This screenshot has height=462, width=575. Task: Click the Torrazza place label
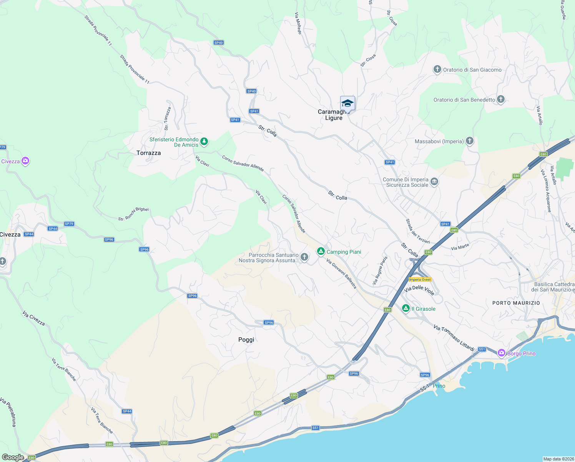pyautogui.click(x=149, y=153)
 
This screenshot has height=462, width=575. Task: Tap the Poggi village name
pyautogui.click(x=246, y=340)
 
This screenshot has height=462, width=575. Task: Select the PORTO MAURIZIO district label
pyautogui.click(x=516, y=303)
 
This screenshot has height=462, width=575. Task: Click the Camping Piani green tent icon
pyautogui.click(x=321, y=251)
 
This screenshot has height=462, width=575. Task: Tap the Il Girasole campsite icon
pyautogui.click(x=405, y=308)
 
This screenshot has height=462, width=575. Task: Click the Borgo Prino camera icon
pyautogui.click(x=501, y=353)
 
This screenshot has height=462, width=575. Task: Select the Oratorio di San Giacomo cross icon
pyautogui.click(x=437, y=70)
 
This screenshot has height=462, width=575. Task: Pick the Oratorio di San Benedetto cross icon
pyautogui.click(x=500, y=100)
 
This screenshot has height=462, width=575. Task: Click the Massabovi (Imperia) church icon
pyautogui.click(x=469, y=141)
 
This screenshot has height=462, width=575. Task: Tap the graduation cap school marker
pyautogui.click(x=347, y=104)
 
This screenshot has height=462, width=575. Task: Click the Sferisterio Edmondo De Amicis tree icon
pyautogui.click(x=204, y=142)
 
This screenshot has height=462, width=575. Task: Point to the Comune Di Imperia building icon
pyautogui.click(x=434, y=182)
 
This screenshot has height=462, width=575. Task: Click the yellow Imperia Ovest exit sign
pyautogui.click(x=420, y=280)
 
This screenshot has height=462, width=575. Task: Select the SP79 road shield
pyautogui.click(x=69, y=224)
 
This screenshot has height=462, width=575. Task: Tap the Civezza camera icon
pyautogui.click(x=25, y=161)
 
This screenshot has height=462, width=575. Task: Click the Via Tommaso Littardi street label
pyautogui.click(x=454, y=338)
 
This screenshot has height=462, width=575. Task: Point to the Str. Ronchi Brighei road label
pyautogui.click(x=133, y=214)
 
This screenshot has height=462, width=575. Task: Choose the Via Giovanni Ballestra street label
pyautogui.click(x=341, y=273)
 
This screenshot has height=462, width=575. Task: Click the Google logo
pyautogui.click(x=13, y=457)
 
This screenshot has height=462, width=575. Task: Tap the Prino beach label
pyautogui.click(x=439, y=386)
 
